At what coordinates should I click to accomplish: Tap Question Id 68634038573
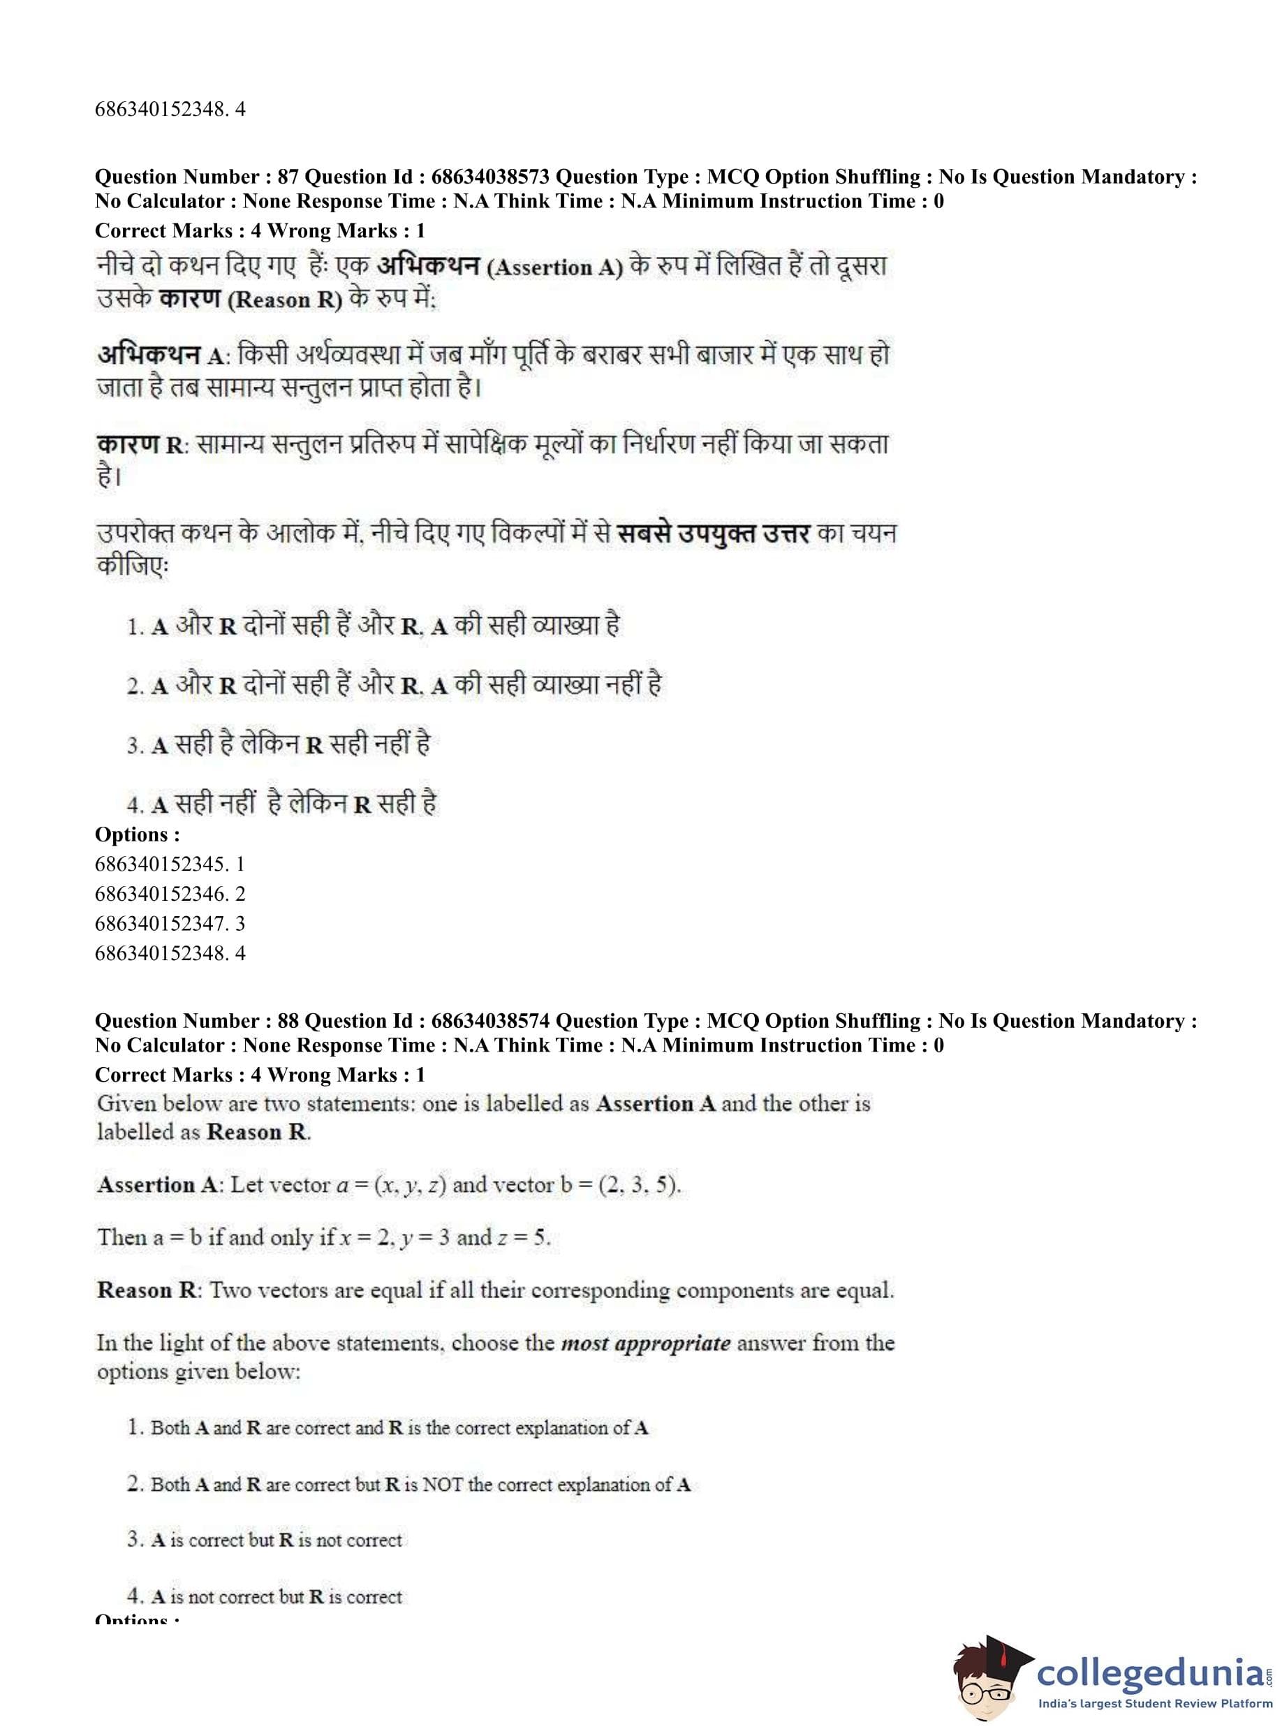tap(490, 177)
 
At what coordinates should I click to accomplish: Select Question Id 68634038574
tap(490, 1021)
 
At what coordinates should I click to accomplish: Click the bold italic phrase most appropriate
tap(646, 1344)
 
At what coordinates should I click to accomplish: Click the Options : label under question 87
tap(138, 834)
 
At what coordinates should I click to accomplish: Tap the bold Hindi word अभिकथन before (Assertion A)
tap(427, 266)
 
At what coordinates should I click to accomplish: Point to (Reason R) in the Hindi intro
tap(285, 300)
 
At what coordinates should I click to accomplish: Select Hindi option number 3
tap(135, 746)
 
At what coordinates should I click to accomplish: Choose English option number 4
tap(135, 1596)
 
